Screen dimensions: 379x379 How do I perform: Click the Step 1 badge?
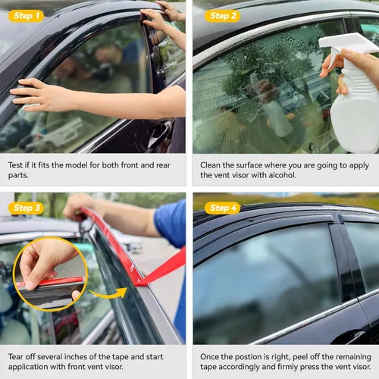27,16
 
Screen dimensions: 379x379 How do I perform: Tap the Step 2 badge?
223,16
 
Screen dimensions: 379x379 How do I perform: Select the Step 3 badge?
27,208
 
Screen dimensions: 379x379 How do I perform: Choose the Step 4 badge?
223,208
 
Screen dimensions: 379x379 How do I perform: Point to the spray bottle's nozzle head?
347,44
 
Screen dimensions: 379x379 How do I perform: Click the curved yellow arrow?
108,293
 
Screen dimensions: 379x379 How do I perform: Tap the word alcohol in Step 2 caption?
282,175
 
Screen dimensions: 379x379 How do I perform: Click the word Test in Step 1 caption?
15,165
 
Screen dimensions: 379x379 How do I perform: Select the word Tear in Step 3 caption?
16,357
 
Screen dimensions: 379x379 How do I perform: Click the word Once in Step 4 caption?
209,357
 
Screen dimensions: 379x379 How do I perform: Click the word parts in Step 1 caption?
18,176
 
